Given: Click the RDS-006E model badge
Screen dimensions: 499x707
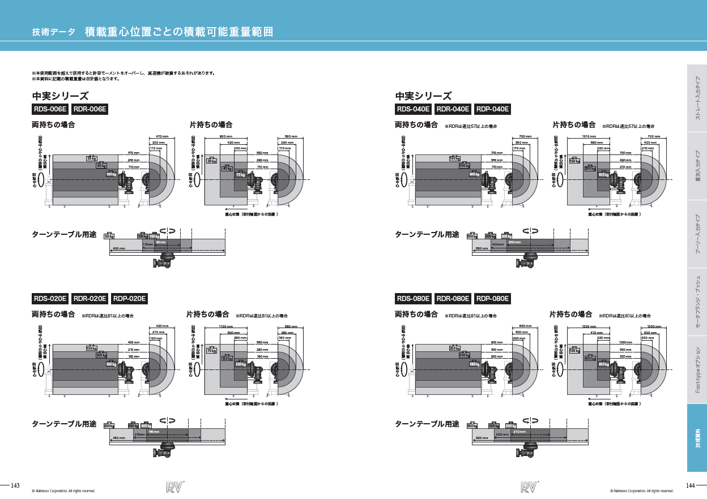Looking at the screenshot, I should (50, 109).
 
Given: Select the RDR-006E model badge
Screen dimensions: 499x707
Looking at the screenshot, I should (90, 109).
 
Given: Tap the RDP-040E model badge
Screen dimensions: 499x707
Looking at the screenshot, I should (492, 109).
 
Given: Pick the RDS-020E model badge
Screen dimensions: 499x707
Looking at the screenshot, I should (50, 298).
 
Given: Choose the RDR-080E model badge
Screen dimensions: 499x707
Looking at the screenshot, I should (453, 298).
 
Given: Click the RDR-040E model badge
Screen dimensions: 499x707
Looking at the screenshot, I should (453, 109).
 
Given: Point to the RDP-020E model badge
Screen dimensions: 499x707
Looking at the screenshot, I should (130, 298).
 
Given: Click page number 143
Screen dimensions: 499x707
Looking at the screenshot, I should (15, 486).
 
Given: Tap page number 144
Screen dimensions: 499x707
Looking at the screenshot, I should (690, 486).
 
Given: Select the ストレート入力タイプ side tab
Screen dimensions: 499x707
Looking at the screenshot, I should (697, 98).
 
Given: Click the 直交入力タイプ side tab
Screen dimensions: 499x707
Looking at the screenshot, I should (697, 166).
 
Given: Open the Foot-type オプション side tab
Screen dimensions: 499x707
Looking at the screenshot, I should (697, 370).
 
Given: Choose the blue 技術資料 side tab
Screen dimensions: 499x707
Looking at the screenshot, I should (697, 438).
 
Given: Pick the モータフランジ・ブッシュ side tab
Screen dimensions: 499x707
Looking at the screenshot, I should (697, 302).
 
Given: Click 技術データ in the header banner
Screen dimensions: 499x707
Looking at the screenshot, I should (54, 32).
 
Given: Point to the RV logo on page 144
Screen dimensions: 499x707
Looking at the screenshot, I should (529, 487).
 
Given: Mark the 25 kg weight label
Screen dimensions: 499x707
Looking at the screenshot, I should (92, 158).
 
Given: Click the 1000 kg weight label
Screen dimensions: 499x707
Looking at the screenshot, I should (474, 364).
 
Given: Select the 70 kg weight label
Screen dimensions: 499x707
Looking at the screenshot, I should (240, 175).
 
